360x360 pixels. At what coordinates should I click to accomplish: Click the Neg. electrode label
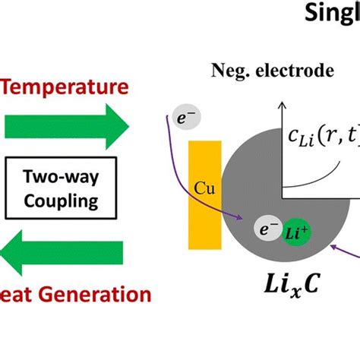point(270,72)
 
